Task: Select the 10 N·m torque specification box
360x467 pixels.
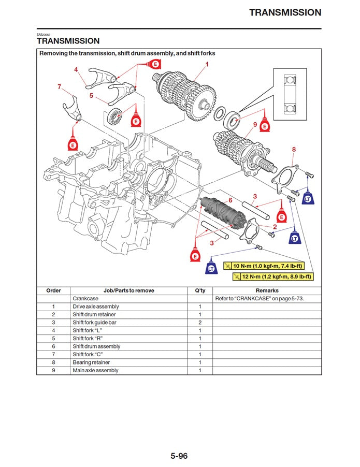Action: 264,266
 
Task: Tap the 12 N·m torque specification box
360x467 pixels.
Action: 273,276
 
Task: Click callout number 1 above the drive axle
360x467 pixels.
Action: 207,65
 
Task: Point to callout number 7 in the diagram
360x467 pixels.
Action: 59,86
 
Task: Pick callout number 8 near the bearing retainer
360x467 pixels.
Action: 294,150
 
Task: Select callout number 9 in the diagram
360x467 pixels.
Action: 255,125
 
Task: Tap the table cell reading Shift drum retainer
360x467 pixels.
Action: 94,315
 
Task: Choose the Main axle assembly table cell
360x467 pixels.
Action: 95,371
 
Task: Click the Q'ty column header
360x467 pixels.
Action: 200,291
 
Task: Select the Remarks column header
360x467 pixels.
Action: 267,291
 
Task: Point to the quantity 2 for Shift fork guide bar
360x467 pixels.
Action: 200,323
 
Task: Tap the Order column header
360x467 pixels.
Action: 53,291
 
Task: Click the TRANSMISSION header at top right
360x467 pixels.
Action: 285,12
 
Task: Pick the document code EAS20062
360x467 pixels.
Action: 43,34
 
